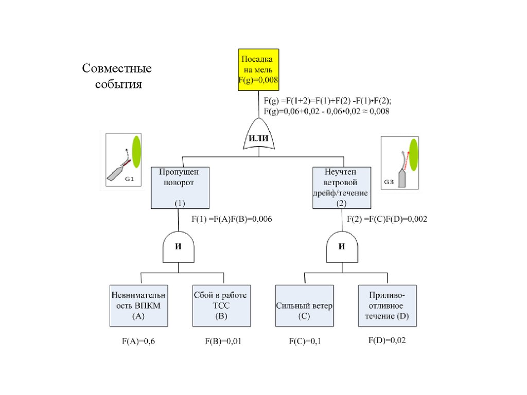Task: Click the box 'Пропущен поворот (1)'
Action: [179, 187]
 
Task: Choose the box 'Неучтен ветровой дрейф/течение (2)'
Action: [342, 187]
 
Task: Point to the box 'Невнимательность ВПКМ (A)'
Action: [139, 306]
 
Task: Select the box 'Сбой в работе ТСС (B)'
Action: [221, 306]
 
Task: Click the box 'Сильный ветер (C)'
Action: [304, 306]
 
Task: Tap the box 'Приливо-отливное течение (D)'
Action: [387, 306]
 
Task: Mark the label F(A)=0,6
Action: [138, 341]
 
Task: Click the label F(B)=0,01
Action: [222, 341]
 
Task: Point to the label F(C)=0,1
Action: [305, 341]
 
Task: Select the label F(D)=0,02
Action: [387, 340]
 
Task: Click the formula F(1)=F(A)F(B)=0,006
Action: [232, 219]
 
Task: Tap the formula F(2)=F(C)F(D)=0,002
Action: [387, 219]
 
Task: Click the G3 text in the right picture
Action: [390, 182]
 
